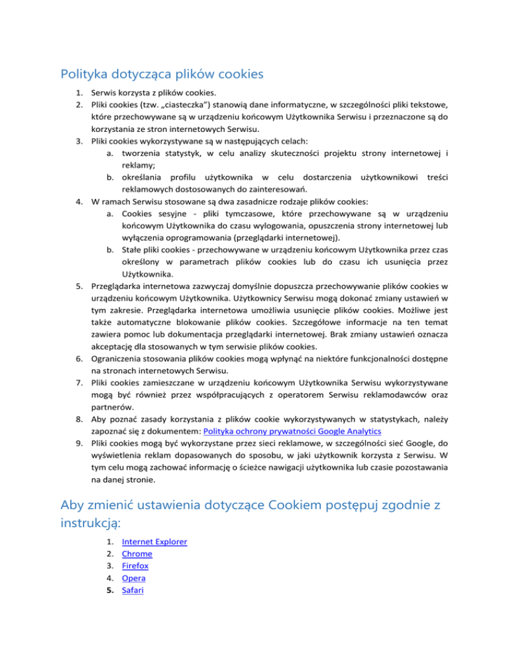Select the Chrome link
[138, 554]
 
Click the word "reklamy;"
[139, 166]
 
